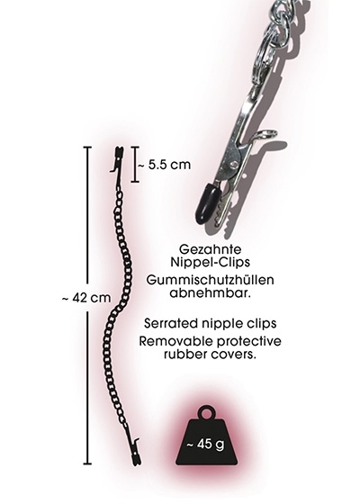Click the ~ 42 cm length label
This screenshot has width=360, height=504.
[x=86, y=298]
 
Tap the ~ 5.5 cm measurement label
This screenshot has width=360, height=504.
[x=164, y=165]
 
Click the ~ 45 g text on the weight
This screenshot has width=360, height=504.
[x=206, y=445]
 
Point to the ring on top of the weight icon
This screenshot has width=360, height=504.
[x=207, y=412]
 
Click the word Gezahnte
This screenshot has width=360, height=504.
[x=211, y=249]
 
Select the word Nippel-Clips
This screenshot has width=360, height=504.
[x=211, y=262]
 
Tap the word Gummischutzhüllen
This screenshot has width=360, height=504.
[x=211, y=280]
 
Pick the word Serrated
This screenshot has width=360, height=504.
[x=169, y=323]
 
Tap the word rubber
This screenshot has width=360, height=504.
[x=184, y=355]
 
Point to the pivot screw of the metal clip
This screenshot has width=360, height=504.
[x=234, y=164]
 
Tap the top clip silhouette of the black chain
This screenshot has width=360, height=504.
[x=118, y=160]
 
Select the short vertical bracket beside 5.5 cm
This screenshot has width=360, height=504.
[x=135, y=165]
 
